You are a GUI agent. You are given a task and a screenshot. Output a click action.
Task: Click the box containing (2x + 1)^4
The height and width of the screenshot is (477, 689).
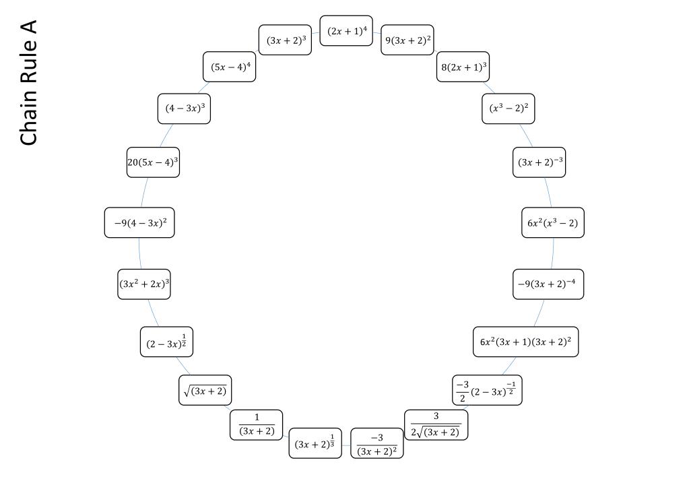click(x=346, y=31)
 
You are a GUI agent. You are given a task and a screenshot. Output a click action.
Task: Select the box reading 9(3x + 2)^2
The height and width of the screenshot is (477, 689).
click(x=407, y=40)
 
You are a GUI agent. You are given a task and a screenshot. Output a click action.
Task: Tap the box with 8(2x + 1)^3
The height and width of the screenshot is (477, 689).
click(x=463, y=67)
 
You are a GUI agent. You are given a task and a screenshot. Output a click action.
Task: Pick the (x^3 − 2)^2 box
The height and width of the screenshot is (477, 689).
click(x=508, y=108)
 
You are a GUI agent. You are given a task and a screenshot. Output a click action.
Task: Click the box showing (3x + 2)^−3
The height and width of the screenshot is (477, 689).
click(x=539, y=162)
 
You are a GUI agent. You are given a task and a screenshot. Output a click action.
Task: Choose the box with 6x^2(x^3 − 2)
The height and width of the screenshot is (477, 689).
click(x=553, y=222)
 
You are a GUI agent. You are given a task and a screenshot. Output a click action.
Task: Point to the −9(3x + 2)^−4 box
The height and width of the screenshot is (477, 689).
click(x=548, y=284)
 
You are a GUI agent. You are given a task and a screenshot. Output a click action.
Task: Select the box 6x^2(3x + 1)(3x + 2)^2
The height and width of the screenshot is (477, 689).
click(x=525, y=342)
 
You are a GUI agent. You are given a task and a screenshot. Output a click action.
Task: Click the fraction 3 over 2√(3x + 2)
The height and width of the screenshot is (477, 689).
click(x=436, y=425)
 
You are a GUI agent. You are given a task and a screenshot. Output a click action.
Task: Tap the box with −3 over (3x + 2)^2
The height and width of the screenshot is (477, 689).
click(x=377, y=443)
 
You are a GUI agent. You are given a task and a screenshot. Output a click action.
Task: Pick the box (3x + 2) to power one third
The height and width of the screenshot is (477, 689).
click(x=315, y=443)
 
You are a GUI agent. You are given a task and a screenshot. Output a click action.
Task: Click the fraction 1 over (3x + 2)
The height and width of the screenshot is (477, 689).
click(x=256, y=425)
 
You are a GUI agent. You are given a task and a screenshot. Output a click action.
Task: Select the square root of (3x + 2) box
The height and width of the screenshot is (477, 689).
click(x=205, y=390)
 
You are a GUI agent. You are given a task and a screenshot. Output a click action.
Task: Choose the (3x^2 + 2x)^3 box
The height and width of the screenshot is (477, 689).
click(x=144, y=284)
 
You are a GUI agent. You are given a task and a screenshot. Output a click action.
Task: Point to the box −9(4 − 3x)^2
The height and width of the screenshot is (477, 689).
click(x=139, y=222)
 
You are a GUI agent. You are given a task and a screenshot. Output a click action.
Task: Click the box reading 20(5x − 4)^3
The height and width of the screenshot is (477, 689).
click(x=153, y=162)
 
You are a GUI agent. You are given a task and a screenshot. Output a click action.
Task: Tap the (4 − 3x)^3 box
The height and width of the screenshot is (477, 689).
click(x=184, y=108)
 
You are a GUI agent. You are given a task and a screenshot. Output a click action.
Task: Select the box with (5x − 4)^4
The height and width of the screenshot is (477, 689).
click(x=230, y=67)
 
